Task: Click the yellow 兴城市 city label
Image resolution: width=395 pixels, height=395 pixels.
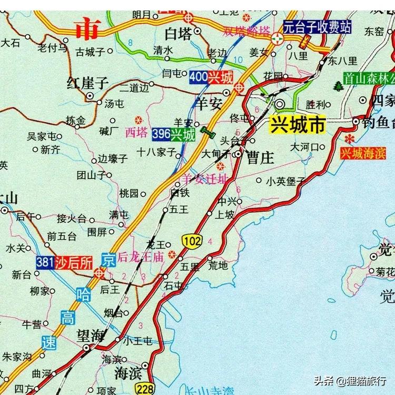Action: click(298, 125)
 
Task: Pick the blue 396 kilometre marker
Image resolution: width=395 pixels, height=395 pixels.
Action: click(161, 134)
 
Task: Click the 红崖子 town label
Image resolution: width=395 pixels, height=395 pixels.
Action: click(87, 83)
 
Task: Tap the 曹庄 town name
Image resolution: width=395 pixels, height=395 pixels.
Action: click(260, 157)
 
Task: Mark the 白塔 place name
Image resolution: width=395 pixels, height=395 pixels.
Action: click(177, 34)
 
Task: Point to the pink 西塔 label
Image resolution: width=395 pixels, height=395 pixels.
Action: click(136, 133)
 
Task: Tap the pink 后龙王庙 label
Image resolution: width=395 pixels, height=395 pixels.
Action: click(141, 258)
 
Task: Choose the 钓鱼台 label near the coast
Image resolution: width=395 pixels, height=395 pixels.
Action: click(377, 123)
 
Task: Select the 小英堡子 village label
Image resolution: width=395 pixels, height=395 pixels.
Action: click(285, 181)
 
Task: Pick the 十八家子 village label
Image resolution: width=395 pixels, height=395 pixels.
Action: click(156, 151)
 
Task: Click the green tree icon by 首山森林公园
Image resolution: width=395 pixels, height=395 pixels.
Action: click(337, 85)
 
